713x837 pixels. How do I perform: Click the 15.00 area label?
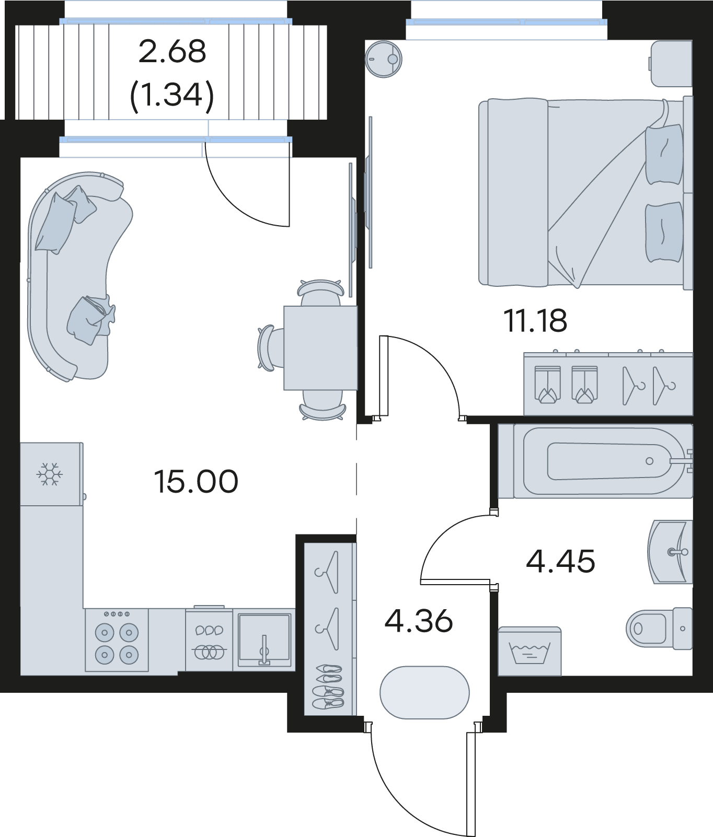pyautogui.click(x=196, y=481)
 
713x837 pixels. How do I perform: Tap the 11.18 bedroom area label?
pyautogui.click(x=535, y=320)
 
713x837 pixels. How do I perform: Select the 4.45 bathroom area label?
pyautogui.click(x=560, y=562)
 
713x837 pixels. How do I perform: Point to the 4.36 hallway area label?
pyautogui.click(x=418, y=621)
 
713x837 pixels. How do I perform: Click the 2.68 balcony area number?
pyautogui.click(x=172, y=52)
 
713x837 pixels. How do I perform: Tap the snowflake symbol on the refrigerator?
pyautogui.click(x=50, y=474)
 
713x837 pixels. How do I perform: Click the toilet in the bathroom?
pyautogui.click(x=659, y=628)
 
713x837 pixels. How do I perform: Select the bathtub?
pyautogui.click(x=595, y=461)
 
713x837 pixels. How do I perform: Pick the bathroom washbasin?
pyautogui.click(x=670, y=552)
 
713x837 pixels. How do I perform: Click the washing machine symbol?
pyautogui.click(x=530, y=652)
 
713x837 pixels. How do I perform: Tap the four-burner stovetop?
pyautogui.click(x=117, y=641)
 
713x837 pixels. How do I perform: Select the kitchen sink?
pyautogui.click(x=264, y=640)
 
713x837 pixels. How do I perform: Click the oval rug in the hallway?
pyautogui.click(x=424, y=692)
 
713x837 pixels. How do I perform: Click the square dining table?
pyautogui.click(x=320, y=348)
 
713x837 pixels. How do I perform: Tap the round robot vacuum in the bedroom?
pyautogui.click(x=383, y=60)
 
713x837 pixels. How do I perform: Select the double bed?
pyautogui.click(x=586, y=192)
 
